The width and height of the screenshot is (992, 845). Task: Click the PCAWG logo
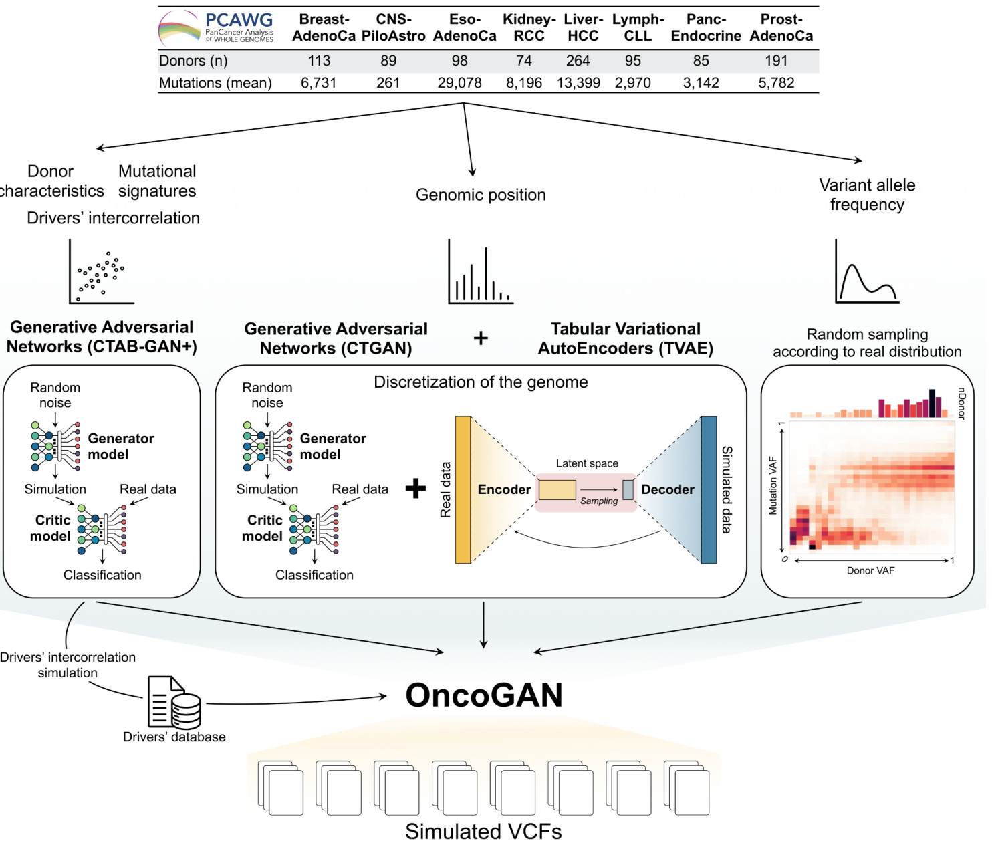216,28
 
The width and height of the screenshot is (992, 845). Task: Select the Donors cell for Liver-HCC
578,61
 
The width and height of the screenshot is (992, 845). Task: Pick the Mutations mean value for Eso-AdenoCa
459,83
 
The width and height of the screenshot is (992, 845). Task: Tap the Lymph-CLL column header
638,28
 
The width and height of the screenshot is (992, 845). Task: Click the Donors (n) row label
193,61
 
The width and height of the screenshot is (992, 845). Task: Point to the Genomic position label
481,195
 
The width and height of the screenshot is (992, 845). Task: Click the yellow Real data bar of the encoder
463,490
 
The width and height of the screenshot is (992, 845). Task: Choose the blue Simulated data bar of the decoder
709,490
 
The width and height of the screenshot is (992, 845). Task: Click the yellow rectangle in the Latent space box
557,490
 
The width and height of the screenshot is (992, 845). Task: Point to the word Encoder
504,490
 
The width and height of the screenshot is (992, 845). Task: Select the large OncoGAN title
484,695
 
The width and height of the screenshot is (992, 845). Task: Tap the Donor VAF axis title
870,571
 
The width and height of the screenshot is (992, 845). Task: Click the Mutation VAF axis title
773,485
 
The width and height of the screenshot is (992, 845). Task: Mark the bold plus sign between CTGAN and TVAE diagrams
415,489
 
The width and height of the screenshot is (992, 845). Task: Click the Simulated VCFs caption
483,832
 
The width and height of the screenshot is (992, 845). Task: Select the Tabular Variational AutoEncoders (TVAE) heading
626,338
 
